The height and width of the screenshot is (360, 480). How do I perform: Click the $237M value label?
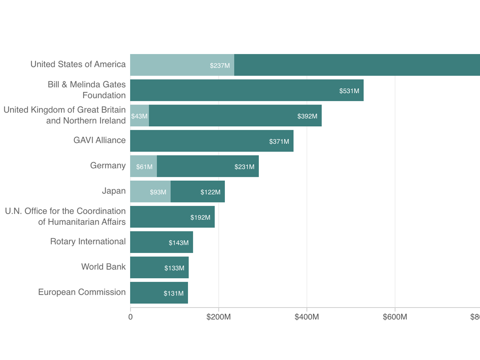[220, 65]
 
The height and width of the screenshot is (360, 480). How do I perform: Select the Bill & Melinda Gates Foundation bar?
[247, 90]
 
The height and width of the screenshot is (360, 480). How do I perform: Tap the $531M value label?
[349, 91]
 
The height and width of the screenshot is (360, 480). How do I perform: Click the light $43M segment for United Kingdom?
[139, 116]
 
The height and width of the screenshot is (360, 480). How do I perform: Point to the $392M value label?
[307, 116]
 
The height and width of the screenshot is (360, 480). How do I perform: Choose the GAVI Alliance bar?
[212, 141]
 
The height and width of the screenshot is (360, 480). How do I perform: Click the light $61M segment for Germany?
[143, 166]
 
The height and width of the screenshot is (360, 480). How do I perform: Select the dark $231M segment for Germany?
[208, 166]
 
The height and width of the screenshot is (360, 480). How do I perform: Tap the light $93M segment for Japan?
[150, 192]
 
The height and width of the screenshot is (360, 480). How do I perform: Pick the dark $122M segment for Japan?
[198, 192]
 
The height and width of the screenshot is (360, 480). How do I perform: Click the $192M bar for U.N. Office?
[172, 217]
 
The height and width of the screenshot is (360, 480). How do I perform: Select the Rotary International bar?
[161, 242]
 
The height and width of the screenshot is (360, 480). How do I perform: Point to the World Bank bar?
[159, 267]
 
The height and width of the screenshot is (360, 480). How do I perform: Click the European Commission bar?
[159, 293]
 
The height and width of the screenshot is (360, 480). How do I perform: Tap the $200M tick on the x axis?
[219, 317]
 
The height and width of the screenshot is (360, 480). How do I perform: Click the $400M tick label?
[307, 317]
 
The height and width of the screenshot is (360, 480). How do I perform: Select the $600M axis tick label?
[395, 317]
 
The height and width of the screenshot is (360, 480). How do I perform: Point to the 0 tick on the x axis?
[131, 317]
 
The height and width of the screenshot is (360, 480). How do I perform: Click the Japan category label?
[114, 191]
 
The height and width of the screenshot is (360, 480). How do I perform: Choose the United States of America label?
[78, 64]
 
